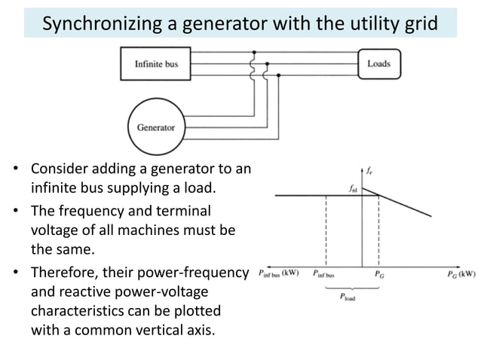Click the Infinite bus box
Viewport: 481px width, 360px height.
click(x=155, y=64)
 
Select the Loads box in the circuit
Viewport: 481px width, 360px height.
click(x=378, y=64)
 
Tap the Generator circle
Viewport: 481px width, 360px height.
click(x=155, y=127)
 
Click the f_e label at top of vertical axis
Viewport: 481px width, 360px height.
click(x=372, y=170)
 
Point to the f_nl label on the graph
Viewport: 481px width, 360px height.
click(x=354, y=189)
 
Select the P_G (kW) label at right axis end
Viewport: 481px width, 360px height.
click(x=459, y=273)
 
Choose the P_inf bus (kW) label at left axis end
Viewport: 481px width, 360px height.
click(x=278, y=273)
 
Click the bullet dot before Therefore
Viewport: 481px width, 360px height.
click(x=16, y=272)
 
